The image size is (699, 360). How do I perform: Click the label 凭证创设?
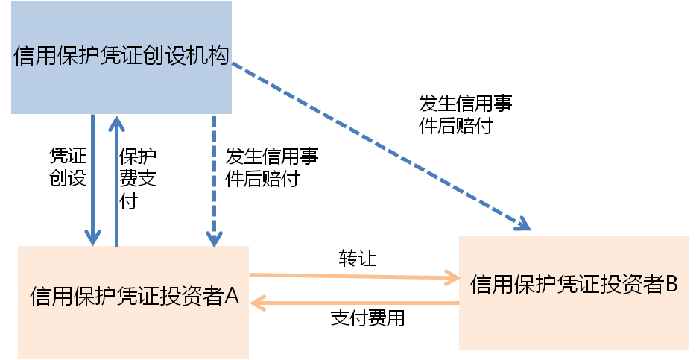pos(68,167)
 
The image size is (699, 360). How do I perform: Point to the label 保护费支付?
pos(137,178)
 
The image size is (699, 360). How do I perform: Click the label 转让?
pos(358,259)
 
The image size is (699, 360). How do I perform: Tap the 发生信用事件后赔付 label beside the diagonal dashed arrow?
pos(466,113)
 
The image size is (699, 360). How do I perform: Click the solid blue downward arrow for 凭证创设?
pos(92,179)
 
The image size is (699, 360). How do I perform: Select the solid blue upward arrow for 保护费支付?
pos(117,179)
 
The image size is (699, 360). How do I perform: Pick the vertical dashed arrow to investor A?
pos(215,179)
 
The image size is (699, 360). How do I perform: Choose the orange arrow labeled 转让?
pos(350,276)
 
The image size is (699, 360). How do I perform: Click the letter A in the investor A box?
pos(231,297)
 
